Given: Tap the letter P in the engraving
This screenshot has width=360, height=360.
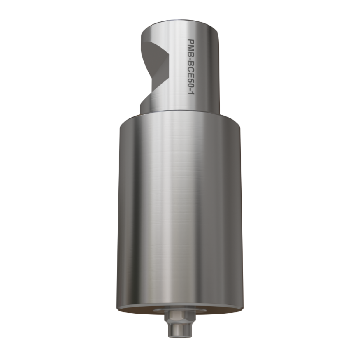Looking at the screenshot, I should coord(191,41).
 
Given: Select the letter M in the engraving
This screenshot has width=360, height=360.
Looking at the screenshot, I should coord(191,46).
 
